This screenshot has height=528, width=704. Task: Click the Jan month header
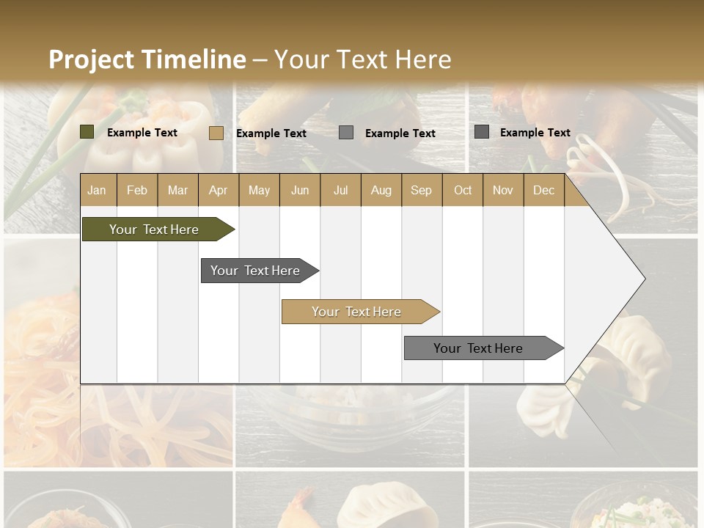tap(97, 190)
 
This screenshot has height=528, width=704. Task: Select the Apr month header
tap(218, 190)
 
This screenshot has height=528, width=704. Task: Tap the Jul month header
tap(340, 190)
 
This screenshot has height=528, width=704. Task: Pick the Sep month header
tap(421, 190)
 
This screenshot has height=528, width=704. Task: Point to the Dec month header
tap(543, 190)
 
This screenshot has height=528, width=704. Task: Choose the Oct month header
tap(463, 190)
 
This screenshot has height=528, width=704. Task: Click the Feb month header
tap(137, 190)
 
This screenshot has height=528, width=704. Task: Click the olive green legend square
tap(87, 132)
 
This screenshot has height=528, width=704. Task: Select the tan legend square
tap(216, 133)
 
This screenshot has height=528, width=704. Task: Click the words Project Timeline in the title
tap(147, 59)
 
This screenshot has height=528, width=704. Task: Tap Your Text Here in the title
tap(362, 59)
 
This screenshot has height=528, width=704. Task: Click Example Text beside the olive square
tap(142, 133)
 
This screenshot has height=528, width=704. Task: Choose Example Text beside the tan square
tap(271, 133)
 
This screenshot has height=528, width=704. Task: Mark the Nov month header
tap(503, 190)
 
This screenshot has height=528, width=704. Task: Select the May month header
tap(259, 190)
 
